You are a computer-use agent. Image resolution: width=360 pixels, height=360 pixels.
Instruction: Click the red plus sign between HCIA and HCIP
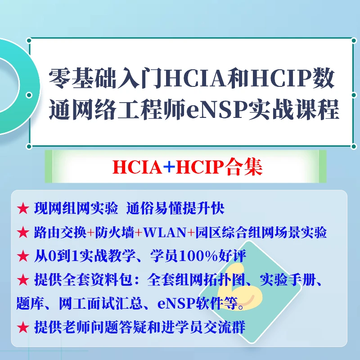168,166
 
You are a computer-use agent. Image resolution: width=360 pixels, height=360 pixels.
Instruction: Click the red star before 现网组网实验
22,209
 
